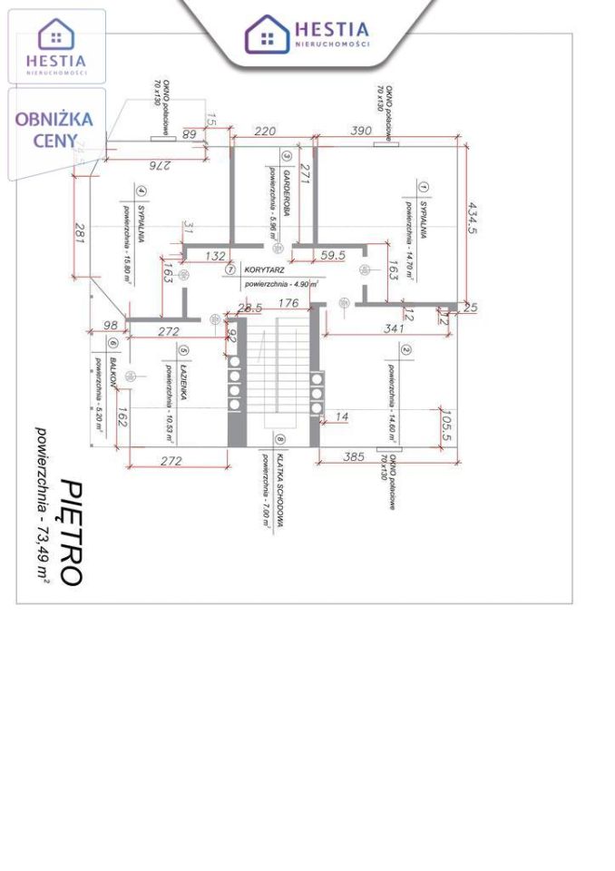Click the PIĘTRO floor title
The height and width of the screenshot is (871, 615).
72,532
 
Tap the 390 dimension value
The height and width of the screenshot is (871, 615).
361,132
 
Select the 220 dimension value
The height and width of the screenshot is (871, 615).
265,132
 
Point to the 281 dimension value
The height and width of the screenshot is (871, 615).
80,233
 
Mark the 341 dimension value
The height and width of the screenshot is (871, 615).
394,328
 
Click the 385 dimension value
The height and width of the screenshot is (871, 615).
355,458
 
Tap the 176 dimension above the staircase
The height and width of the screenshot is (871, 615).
288,303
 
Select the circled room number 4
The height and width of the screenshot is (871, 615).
141,191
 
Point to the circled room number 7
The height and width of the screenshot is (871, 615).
230,270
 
